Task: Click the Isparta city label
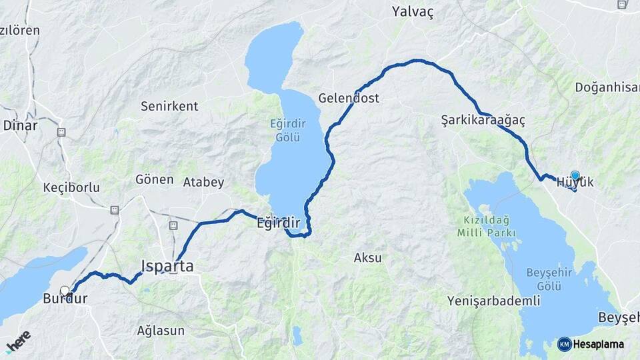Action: coord(167,266)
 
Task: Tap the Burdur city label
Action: coord(65,299)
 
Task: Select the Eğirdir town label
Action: coord(279,223)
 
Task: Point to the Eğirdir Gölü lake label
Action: coord(285,130)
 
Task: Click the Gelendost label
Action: coord(349,98)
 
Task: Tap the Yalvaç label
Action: coord(413,11)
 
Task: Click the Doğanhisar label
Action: coord(607,88)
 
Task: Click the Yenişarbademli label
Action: coord(494,301)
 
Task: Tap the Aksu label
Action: coord(367,257)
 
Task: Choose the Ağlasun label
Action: coord(159,330)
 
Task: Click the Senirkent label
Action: coord(169,106)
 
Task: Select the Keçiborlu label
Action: coord(71,187)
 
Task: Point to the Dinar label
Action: coord(20,125)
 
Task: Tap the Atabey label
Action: coord(204,181)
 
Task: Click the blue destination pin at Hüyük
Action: coord(575,175)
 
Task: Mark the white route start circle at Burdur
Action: coord(65,291)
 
